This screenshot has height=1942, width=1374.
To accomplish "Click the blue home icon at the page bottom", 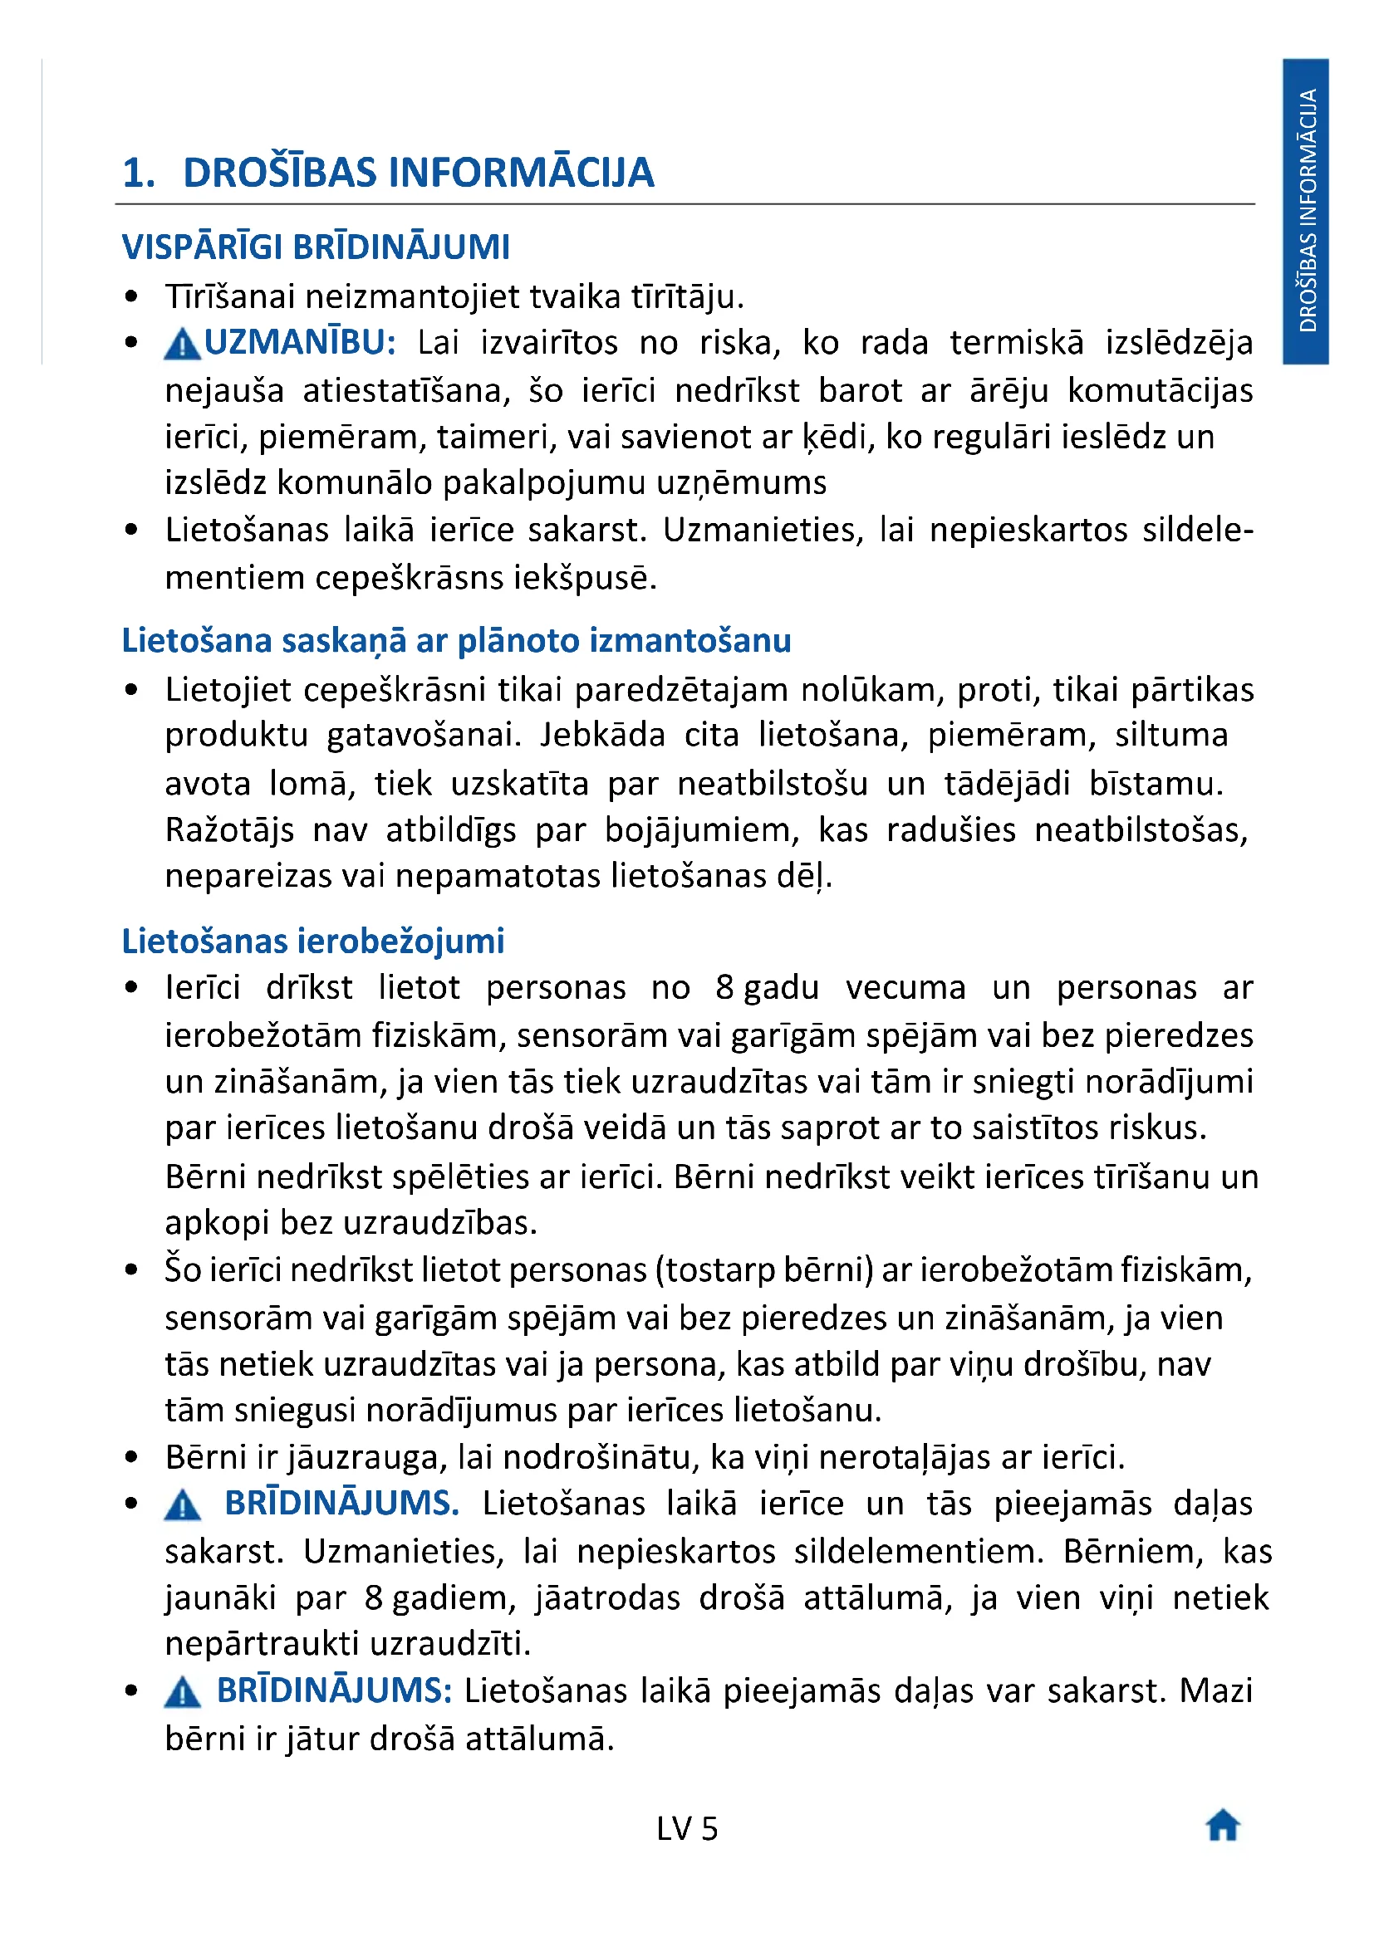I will [1223, 1825].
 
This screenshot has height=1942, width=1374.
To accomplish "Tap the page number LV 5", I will [686, 1828].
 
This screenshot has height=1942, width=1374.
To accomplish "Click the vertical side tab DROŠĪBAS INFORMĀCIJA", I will [1306, 210].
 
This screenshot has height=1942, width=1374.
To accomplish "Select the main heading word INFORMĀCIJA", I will [521, 173].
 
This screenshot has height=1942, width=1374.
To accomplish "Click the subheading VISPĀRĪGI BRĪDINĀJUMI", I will [316, 247].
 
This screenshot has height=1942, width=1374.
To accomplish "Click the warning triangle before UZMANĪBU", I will [181, 345].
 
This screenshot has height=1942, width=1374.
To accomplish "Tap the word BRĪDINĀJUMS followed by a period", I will [341, 1503].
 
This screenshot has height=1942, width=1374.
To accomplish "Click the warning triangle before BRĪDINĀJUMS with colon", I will [182, 1691].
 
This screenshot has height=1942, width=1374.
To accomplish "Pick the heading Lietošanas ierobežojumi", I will [313, 941].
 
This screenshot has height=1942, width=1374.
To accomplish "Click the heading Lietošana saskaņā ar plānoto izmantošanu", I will [456, 640].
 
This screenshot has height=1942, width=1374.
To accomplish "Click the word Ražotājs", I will [229, 829].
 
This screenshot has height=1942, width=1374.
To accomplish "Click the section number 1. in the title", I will [139, 173].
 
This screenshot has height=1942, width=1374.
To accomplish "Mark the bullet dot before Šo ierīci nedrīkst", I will [131, 1269].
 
